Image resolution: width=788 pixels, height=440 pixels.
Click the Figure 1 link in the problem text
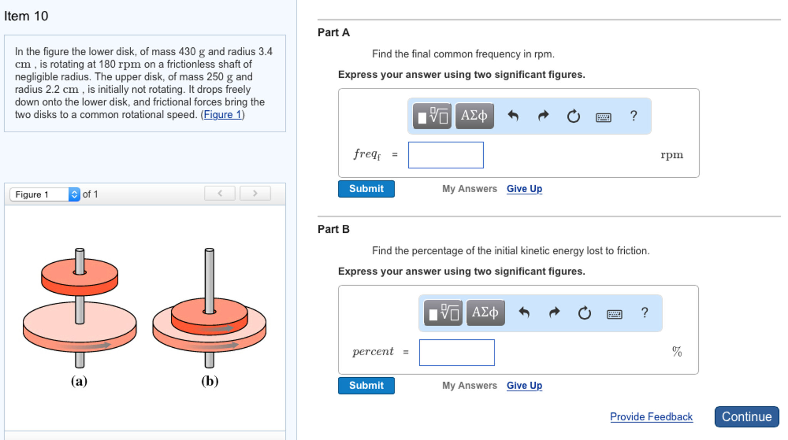223,115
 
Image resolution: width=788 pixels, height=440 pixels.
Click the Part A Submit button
366,189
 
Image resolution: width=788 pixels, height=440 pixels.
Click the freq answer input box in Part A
446,155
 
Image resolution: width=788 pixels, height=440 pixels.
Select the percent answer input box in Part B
456,352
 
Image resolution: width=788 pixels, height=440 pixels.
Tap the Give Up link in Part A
524,189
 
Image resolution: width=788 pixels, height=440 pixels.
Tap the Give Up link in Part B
524,385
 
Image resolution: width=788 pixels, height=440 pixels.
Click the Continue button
746,417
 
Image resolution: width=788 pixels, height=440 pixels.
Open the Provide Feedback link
651,417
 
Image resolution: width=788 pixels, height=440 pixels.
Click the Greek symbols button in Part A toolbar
474,116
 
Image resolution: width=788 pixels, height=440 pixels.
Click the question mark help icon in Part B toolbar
644,313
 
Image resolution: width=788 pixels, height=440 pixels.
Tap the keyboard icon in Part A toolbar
603,117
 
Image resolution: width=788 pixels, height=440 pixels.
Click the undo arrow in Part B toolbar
524,313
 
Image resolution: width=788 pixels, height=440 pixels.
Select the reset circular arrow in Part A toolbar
573,116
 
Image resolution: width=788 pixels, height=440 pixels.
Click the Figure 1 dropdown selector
45,194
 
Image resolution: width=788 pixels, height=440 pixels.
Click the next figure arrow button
255,193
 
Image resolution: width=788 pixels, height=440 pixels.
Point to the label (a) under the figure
79,381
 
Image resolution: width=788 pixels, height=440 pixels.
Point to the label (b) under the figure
210,381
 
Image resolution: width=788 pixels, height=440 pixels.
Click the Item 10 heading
26,16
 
